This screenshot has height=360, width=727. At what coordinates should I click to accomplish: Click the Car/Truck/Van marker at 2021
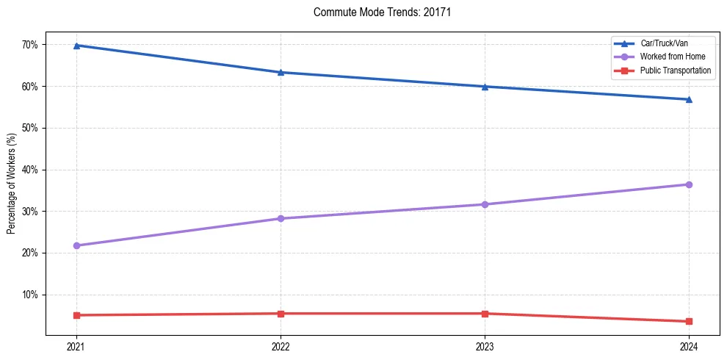76,46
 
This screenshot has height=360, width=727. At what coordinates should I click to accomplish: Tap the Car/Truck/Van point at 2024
689,99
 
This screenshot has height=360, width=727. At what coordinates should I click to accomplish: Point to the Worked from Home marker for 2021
76,245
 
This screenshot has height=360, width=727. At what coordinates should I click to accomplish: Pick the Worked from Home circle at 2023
485,204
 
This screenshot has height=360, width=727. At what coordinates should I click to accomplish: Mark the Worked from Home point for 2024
689,184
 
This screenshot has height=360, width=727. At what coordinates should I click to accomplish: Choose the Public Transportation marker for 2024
689,321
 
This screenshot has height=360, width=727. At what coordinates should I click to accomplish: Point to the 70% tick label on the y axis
29,45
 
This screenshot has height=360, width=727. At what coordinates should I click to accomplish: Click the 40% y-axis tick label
29,170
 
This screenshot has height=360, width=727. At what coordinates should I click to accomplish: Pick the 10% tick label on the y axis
29,295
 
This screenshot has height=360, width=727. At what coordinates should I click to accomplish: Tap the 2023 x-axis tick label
485,346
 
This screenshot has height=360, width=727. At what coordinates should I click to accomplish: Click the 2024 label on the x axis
689,346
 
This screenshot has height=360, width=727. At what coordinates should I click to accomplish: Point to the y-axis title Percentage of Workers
12,184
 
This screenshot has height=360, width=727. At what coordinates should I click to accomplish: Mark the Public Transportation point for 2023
485,314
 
